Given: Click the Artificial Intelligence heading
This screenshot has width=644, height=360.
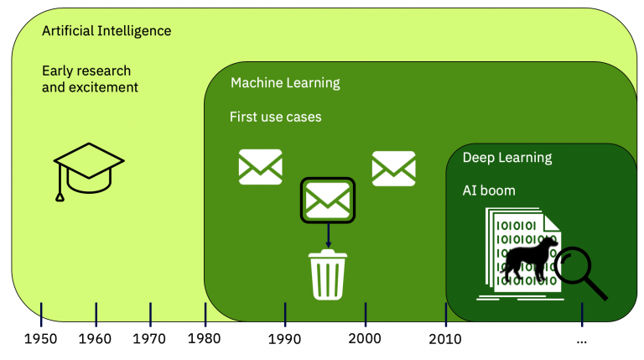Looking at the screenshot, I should pos(106,31).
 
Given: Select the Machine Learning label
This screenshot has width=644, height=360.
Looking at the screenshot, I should pos(285,83).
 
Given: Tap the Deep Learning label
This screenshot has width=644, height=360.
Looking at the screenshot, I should pos(507,157).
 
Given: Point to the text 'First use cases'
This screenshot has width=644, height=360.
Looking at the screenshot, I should pos(275,117).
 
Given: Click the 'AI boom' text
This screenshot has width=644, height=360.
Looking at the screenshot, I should pos(489,190).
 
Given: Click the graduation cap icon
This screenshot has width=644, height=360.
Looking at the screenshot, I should pos(88,171).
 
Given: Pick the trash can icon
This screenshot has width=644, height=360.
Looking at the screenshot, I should pos(328,274).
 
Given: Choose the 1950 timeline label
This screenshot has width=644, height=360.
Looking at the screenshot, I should pos(41,339).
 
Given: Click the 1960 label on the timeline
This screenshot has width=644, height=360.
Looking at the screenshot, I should pos(96,339).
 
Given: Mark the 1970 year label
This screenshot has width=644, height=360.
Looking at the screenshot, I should pos(150,339).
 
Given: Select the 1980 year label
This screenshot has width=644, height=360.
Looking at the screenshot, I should pos(205,339).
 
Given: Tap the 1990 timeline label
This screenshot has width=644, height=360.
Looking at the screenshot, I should pos(285,339).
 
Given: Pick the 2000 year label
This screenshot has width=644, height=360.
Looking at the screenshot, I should pos(365,339).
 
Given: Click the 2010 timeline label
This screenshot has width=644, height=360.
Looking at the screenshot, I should pos(445,339).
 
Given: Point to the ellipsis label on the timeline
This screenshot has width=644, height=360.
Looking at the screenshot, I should pos(581,340).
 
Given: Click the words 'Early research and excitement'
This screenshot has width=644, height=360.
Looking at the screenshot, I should pos(90,79).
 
